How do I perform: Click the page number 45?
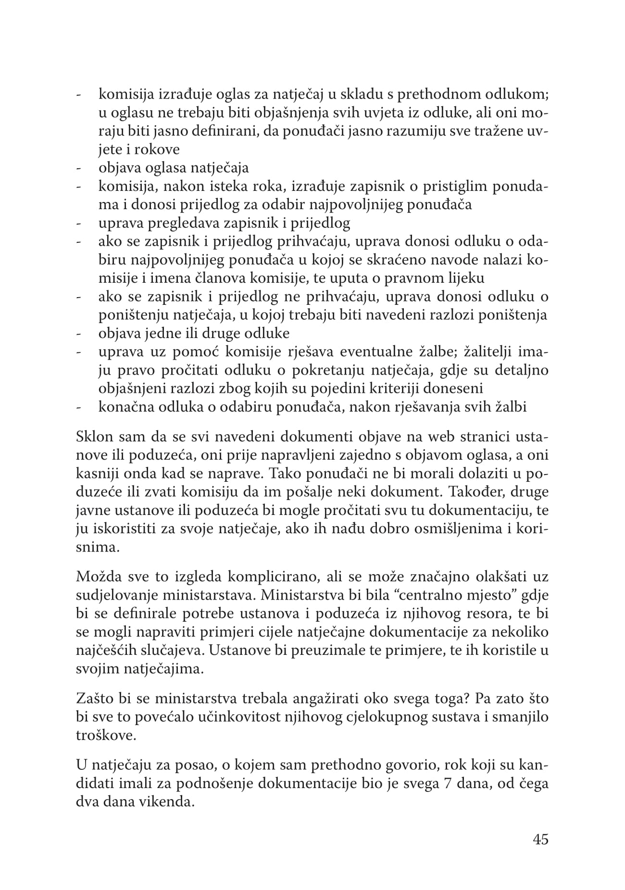pos(540,840)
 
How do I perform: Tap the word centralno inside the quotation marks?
pos(425,595)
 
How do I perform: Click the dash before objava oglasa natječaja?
pos(78,168)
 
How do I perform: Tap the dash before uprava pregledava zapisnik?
pos(78,224)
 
